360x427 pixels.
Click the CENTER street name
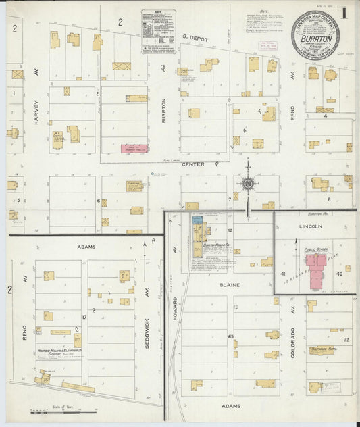point(193,164)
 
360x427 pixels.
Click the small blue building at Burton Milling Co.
point(197,220)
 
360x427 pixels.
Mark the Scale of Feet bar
point(63,412)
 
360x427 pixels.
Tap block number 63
point(231,336)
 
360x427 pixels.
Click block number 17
point(85,316)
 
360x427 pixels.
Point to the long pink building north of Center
point(134,148)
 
